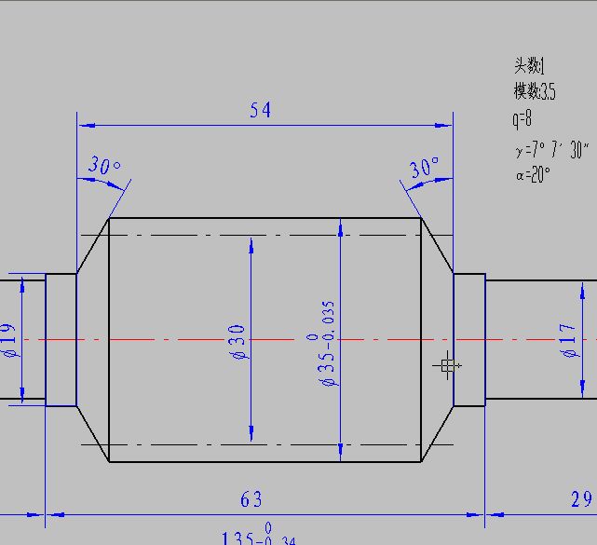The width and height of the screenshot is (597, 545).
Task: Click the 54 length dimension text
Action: pos(260,110)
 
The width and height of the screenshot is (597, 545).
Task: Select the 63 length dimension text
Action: pos(251,500)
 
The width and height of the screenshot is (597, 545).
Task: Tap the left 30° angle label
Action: pos(104,167)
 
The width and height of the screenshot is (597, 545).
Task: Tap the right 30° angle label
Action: pos(424,169)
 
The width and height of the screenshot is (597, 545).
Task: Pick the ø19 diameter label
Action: pos(9,340)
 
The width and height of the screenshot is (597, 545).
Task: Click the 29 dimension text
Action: pos(581,500)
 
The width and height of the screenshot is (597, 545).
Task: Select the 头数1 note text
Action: pos(528,66)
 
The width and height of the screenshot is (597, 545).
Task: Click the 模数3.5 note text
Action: pos(534,91)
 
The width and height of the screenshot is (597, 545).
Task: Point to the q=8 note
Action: pos(522,118)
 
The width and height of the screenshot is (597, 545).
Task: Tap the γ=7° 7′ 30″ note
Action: pos(550,149)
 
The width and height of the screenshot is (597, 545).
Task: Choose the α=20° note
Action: pos(533,174)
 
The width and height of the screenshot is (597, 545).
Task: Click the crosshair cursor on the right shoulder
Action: pos(448,366)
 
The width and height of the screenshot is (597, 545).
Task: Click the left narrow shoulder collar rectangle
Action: pos(61,340)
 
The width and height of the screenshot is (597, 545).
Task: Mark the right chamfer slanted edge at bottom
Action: pos(437,433)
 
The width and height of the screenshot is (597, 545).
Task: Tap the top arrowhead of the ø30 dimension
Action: pos(251,244)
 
